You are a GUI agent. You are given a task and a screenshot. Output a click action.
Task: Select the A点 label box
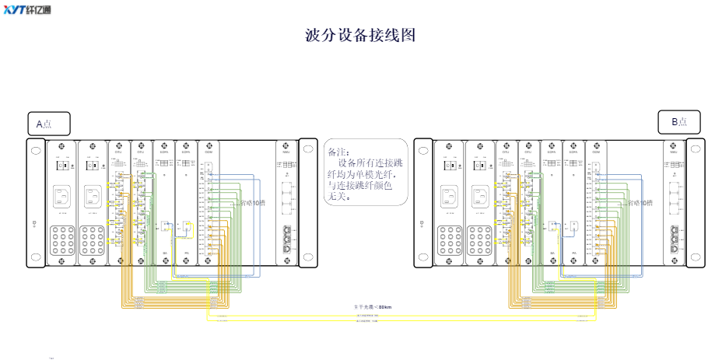[47, 123]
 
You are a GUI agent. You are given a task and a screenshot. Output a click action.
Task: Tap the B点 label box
[678, 122]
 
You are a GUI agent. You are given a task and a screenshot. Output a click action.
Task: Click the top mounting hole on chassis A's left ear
[37, 151]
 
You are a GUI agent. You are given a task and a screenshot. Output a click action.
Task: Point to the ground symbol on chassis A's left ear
[36, 225]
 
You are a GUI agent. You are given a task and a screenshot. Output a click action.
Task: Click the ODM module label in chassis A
[209, 152]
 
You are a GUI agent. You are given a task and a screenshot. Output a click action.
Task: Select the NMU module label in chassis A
[285, 152]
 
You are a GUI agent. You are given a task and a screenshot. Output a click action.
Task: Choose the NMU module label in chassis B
[673, 152]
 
